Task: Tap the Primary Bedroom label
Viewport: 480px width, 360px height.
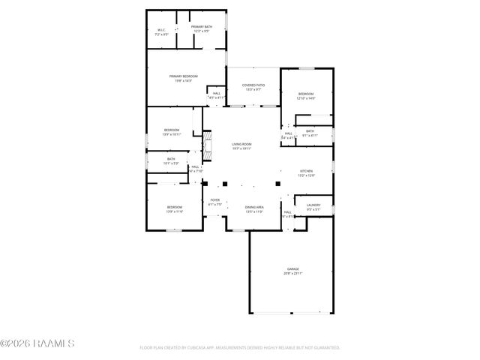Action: (183, 76)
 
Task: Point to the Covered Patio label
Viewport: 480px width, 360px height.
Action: (253, 85)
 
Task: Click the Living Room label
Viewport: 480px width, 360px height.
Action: (241, 144)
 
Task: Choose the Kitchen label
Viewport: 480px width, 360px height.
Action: (306, 171)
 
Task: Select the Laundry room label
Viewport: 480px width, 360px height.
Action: (313, 205)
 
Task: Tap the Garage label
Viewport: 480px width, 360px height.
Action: (292, 268)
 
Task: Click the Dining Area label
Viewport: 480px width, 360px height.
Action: (254, 207)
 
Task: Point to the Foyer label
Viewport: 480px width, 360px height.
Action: (214, 199)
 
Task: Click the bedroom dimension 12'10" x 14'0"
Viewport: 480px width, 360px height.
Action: (306, 98)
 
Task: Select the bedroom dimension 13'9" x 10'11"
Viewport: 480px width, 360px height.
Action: (172, 135)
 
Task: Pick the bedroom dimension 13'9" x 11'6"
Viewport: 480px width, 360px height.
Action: (175, 211)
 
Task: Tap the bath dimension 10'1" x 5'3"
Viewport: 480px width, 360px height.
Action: (171, 163)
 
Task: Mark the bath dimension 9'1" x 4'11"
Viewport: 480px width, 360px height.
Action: (310, 136)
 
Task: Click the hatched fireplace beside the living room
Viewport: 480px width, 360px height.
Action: (209, 145)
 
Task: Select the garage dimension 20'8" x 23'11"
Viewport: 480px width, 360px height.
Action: (292, 273)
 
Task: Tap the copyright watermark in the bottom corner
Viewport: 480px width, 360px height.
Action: (37, 344)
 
